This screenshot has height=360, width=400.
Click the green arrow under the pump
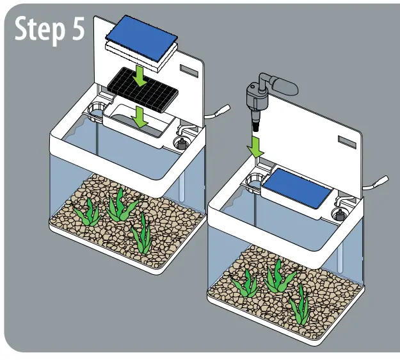point(256,146)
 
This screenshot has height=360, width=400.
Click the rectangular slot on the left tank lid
point(190,71)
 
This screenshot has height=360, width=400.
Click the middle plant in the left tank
point(118,206)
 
